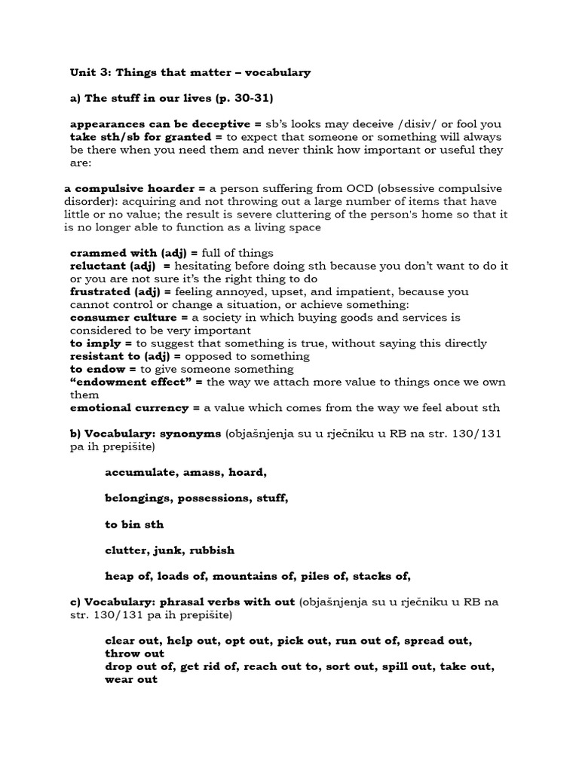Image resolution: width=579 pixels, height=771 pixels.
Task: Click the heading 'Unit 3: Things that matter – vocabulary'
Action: click(190, 73)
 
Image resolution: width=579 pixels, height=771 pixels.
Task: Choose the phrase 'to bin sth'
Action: click(134, 524)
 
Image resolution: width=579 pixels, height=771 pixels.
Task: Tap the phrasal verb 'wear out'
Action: click(131, 679)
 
